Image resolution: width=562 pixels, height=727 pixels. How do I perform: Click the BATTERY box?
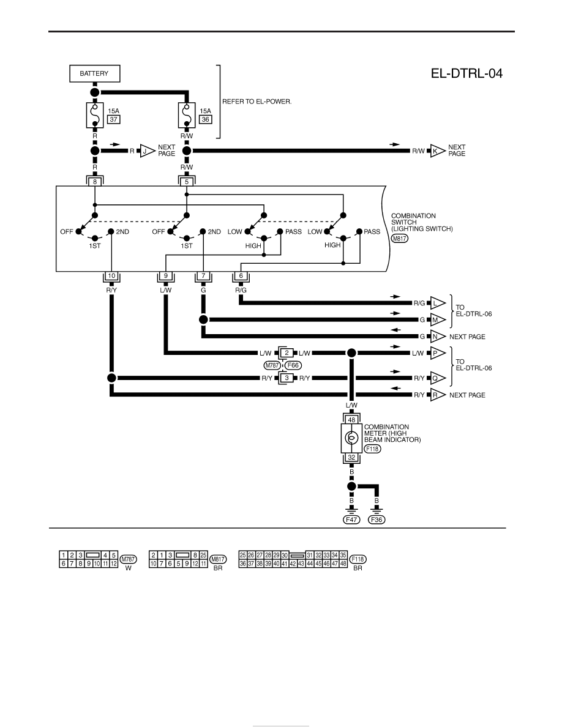(95, 73)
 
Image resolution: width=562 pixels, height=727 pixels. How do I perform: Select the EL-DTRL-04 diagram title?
(466, 73)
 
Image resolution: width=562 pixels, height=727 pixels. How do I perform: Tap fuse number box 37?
(114, 119)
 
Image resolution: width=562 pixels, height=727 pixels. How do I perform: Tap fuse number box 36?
(206, 119)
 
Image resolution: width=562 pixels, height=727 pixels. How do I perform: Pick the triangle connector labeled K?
(437, 151)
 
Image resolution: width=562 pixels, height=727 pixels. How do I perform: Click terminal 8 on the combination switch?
(95, 182)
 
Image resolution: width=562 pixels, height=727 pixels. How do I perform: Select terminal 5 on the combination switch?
(186, 182)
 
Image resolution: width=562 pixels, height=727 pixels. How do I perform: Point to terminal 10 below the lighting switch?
(111, 276)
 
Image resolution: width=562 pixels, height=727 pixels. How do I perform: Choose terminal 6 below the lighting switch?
(241, 276)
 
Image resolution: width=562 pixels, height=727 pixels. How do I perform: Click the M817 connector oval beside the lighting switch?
(400, 239)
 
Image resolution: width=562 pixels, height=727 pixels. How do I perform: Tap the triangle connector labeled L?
(437, 303)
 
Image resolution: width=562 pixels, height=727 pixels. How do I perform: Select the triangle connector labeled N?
(437, 337)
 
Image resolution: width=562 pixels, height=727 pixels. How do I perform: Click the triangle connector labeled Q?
(437, 378)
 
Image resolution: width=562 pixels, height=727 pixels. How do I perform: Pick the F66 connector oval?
(293, 365)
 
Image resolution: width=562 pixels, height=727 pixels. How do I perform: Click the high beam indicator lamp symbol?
(351, 438)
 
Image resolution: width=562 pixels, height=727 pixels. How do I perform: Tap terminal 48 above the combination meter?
(351, 420)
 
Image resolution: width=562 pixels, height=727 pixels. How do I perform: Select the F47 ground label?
(351, 520)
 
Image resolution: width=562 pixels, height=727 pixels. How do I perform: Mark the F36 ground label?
(377, 520)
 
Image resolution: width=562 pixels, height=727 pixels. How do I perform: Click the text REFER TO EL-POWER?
(257, 102)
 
